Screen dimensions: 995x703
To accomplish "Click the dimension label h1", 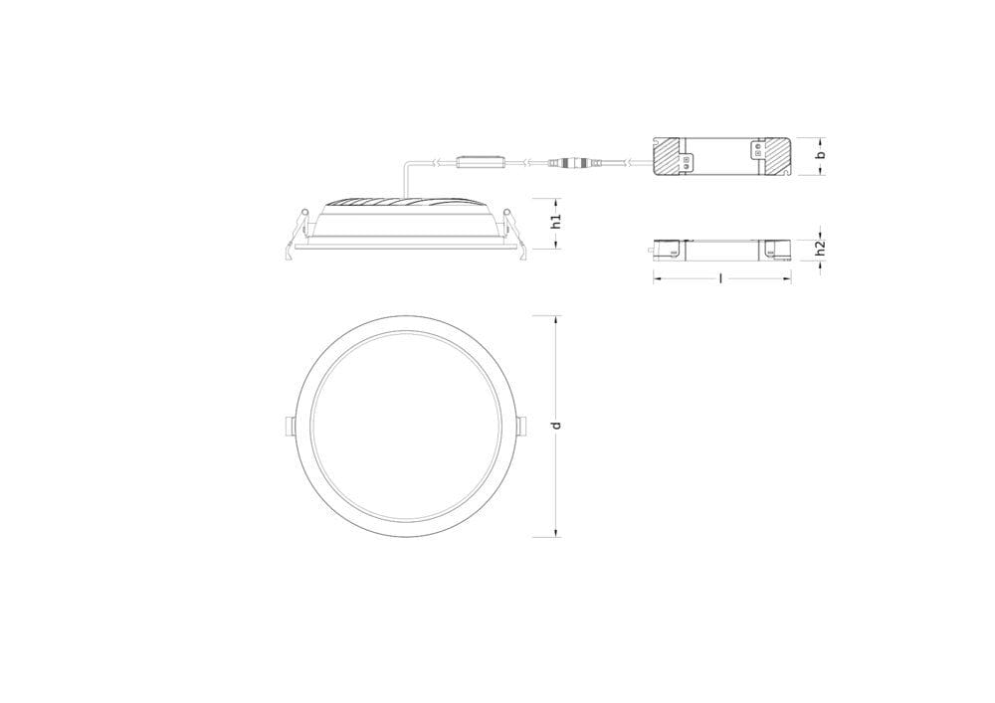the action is [556, 221].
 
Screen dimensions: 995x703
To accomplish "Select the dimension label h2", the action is [820, 248].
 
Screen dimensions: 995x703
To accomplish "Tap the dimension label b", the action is [821, 155].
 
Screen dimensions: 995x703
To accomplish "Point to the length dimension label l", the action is [721, 277].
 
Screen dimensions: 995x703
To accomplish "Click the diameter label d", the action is [556, 425].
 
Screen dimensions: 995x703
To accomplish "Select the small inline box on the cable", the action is [481, 162].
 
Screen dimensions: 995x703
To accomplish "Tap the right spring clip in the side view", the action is [514, 234].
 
